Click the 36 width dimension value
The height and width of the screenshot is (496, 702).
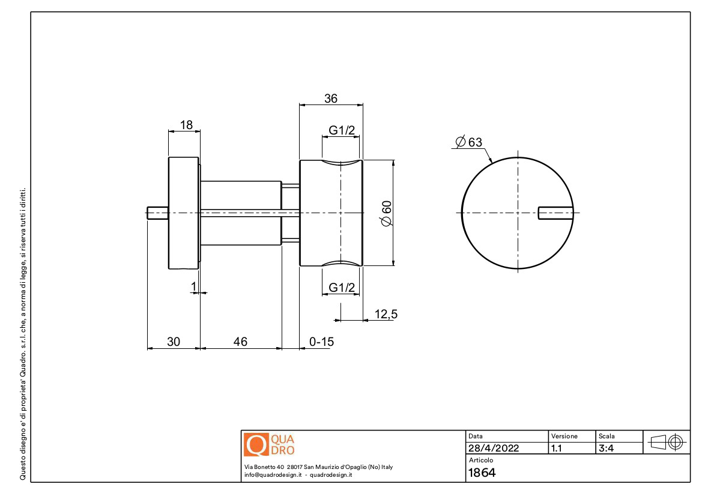[331, 98]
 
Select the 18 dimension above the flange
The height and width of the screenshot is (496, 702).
[186, 125]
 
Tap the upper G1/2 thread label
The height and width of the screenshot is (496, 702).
[342, 130]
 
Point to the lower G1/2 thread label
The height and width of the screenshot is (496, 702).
[342, 288]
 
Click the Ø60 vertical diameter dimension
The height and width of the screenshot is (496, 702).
[386, 214]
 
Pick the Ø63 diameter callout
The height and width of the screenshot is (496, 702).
[469, 142]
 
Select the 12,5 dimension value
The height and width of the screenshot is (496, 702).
[386, 314]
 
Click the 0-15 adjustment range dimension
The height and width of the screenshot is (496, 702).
[321, 342]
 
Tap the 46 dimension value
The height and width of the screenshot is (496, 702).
[240, 342]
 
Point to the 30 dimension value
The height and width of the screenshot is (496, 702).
[174, 342]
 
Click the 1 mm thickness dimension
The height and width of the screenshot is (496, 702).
[193, 286]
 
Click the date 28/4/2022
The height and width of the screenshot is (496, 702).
[494, 448]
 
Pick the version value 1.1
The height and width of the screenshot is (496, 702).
[557, 448]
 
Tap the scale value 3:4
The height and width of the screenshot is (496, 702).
[606, 448]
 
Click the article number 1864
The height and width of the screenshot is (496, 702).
[482, 473]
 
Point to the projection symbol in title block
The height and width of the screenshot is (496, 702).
[667, 443]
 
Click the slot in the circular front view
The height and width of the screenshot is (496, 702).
[555, 213]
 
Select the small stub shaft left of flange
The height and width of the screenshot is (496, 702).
[158, 213]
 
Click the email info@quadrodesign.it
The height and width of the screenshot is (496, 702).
[273, 475]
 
